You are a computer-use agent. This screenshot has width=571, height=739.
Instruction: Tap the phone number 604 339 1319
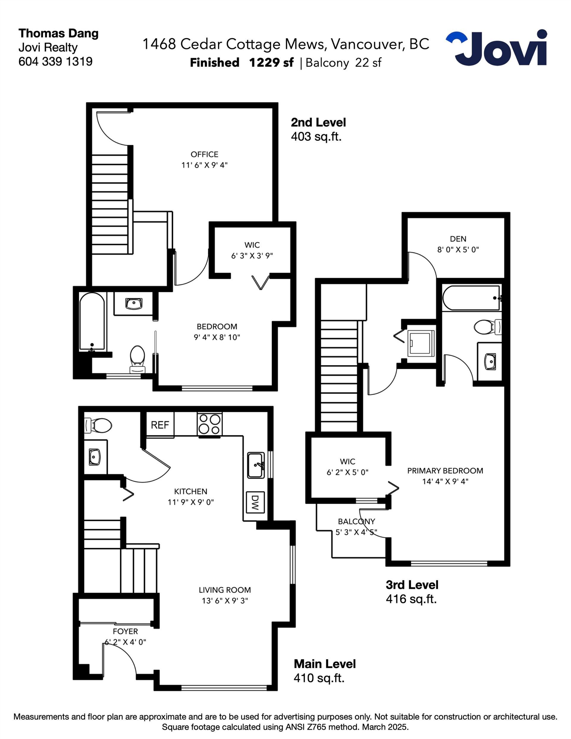pos(56,62)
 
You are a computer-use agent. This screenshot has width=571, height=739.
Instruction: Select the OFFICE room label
pos(204,154)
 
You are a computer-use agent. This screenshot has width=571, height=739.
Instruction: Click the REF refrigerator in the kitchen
pos(160,425)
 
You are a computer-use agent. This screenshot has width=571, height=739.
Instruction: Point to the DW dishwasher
pos(255,502)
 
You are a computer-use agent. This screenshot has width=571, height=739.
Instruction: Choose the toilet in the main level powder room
pos(98,425)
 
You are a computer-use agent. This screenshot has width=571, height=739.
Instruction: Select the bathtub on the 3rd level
pos(471,298)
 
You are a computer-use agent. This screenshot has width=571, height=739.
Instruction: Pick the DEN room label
pos(458,239)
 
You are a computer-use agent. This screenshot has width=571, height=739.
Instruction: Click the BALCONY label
pos(356,521)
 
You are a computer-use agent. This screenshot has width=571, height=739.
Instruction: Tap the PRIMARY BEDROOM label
pos(445,471)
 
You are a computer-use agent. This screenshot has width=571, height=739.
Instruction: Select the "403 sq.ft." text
pos(316,137)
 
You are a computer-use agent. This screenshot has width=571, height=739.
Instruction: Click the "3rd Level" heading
pos(412,585)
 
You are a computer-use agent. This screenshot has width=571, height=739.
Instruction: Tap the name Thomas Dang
pos(59,34)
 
